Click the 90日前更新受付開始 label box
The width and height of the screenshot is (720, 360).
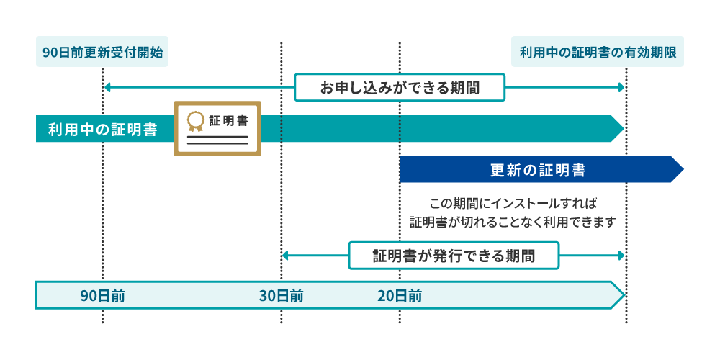click(102, 52)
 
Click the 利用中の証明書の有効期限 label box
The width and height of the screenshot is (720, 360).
click(598, 52)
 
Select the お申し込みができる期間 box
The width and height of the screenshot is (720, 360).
click(400, 88)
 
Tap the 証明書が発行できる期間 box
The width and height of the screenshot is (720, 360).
click(454, 256)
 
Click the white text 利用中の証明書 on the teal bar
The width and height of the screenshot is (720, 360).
click(102, 130)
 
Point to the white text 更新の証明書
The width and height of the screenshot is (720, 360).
click(537, 171)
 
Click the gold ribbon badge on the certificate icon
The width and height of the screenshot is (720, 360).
click(195, 121)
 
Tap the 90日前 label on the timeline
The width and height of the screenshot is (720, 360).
click(102, 296)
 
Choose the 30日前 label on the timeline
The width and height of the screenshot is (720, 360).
click(281, 296)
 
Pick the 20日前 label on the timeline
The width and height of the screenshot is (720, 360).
click(400, 296)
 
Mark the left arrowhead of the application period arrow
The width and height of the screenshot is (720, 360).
click(107, 88)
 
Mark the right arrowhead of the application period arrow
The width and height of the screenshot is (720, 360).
click(622, 88)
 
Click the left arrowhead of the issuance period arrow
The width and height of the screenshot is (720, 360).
click(285, 256)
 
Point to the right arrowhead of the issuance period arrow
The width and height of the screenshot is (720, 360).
click(622, 256)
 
